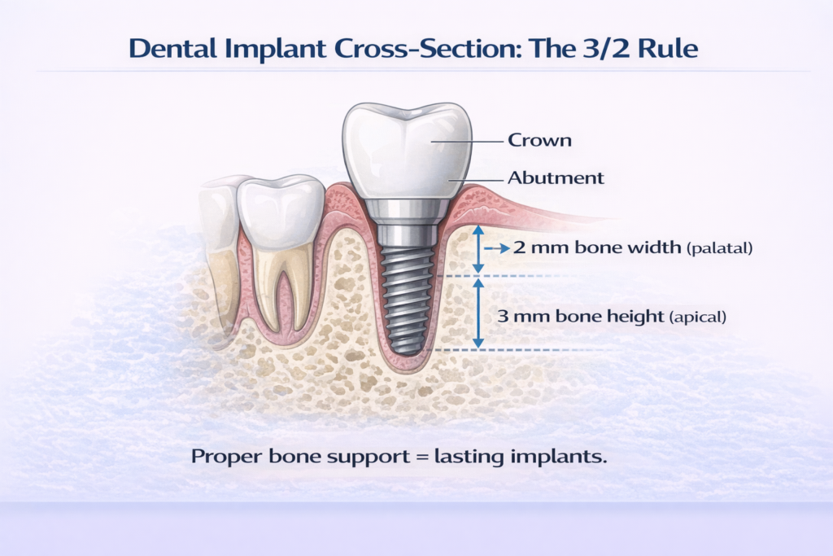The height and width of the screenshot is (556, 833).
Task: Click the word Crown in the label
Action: click(539, 140)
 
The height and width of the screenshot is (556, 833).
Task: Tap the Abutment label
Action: click(556, 177)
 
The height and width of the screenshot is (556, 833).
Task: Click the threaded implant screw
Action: click(411, 293)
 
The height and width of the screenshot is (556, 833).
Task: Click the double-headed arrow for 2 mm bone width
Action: click(479, 249)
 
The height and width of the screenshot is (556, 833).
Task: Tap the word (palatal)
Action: click(719, 248)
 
